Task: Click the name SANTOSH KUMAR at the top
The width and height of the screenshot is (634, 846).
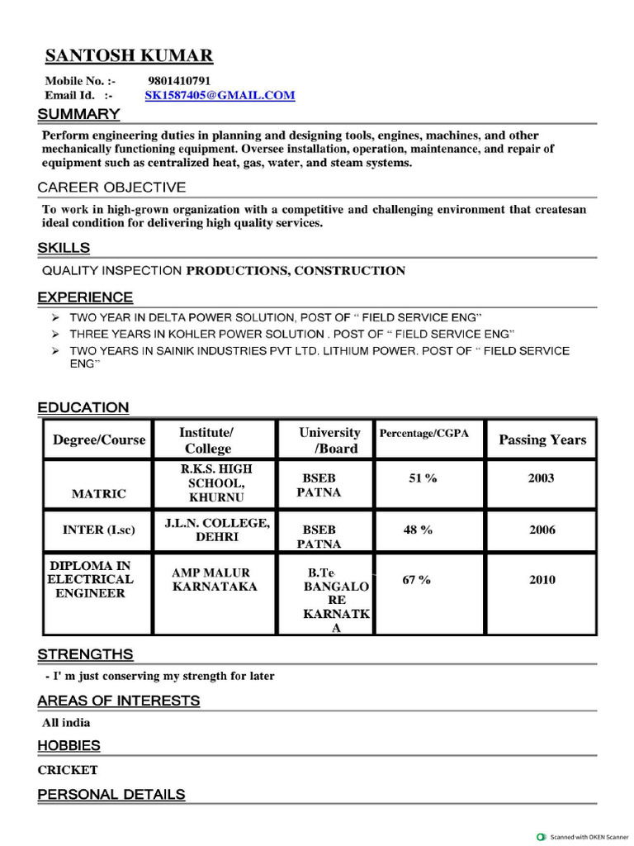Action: point(129,56)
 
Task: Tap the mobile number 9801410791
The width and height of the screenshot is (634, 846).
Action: point(179,81)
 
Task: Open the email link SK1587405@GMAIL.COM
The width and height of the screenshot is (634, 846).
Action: point(220,96)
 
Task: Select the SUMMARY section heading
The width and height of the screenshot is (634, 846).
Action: point(78,114)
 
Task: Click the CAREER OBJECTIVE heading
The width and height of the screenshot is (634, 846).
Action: point(111,188)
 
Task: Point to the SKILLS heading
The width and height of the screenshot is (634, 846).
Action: point(64,248)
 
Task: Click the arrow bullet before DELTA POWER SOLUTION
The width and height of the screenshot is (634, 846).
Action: point(54,318)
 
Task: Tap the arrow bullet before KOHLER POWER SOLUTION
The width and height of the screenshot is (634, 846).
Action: point(54,335)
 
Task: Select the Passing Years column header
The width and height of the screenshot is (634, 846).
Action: point(542,440)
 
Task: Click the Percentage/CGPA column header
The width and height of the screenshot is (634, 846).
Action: point(429,434)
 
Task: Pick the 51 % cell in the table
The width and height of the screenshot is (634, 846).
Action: point(423,478)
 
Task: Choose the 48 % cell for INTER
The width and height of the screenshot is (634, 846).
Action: point(418,530)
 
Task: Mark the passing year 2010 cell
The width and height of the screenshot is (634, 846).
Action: point(542,580)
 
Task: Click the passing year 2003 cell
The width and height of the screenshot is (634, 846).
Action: point(541,478)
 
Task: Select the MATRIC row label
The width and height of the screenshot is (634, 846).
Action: point(99,494)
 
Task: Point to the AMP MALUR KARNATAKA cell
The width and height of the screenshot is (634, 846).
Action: point(214,580)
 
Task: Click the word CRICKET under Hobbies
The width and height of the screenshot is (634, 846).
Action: point(68,770)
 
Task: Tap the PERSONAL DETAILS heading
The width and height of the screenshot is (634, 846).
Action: point(111,795)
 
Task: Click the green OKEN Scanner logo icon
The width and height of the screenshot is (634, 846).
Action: point(542,836)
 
